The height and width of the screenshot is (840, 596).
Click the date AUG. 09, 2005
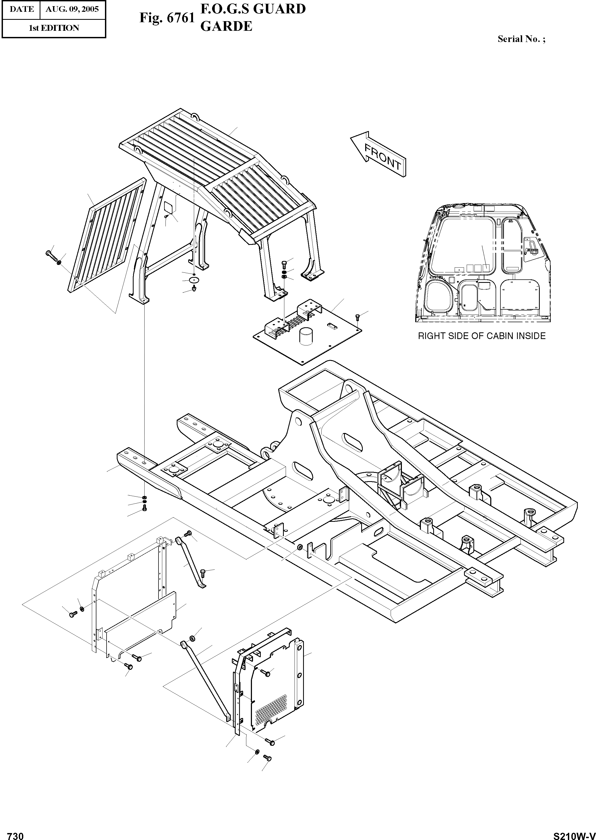(x=72, y=9)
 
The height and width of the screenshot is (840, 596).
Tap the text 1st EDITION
(x=54, y=28)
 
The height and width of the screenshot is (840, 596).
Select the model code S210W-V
(x=574, y=833)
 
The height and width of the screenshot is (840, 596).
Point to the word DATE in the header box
(x=22, y=9)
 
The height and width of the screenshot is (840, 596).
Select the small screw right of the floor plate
(x=358, y=316)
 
